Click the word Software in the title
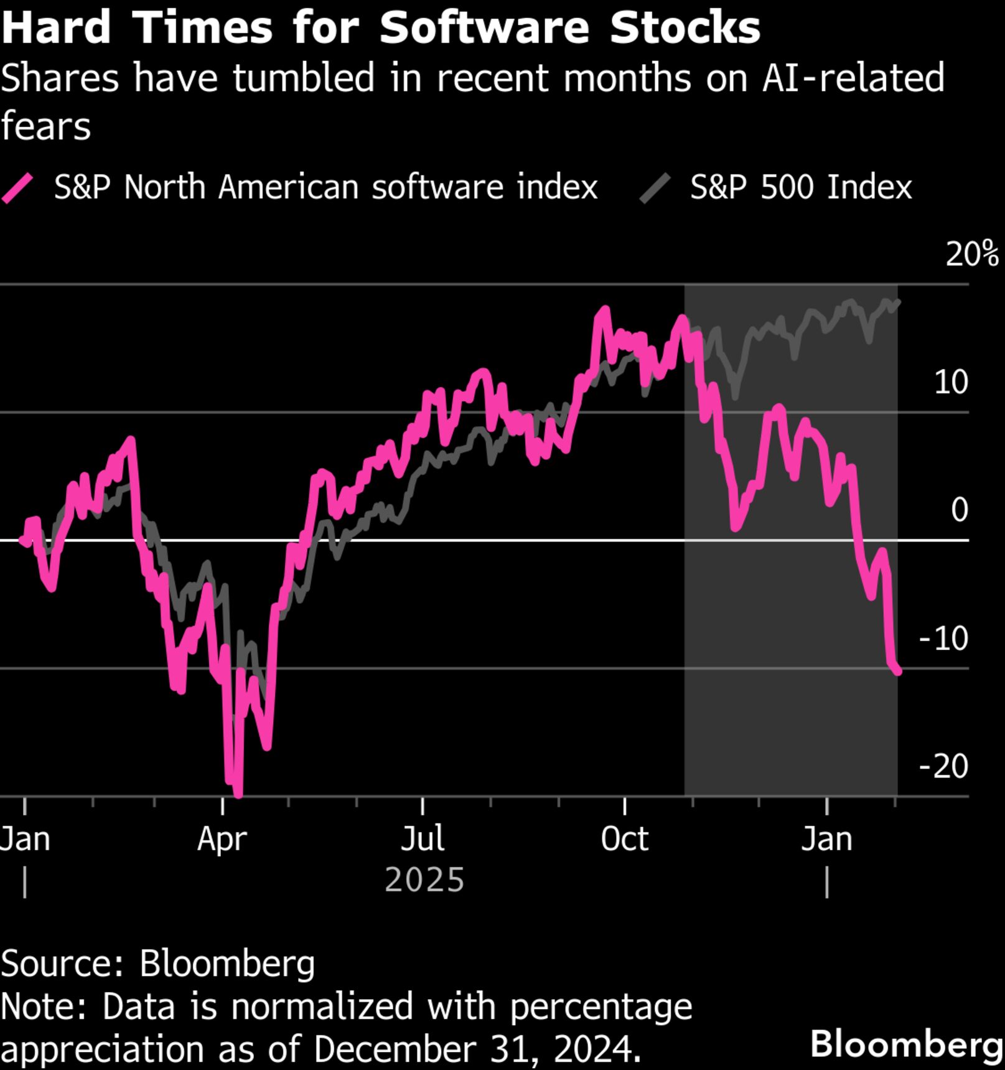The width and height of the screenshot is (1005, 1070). [x=484, y=27]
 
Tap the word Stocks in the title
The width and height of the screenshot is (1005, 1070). [x=685, y=27]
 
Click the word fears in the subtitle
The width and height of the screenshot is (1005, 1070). [x=46, y=126]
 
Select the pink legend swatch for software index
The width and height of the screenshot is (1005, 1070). [x=17, y=188]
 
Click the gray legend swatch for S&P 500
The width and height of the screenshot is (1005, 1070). [x=655, y=188]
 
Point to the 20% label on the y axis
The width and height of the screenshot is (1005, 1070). [x=971, y=255]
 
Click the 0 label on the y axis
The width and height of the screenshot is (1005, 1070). [x=960, y=510]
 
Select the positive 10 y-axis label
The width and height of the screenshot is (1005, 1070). [x=951, y=382]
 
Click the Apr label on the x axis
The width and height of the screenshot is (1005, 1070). [x=222, y=839]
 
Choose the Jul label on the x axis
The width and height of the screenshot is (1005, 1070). [x=423, y=839]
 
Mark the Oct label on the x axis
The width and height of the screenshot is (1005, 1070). [x=624, y=839]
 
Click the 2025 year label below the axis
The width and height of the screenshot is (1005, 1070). [x=424, y=880]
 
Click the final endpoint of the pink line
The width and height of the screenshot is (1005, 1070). [x=898, y=672]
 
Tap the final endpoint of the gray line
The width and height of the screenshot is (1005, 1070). [x=898, y=302]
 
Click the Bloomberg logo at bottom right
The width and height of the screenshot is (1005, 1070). [x=905, y=1043]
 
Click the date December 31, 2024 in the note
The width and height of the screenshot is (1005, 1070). [x=477, y=1049]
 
